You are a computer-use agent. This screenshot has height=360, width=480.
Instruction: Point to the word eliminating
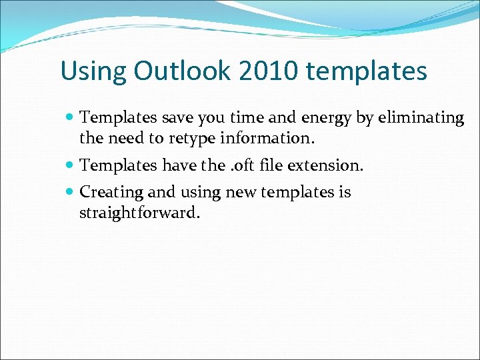pos(421,118)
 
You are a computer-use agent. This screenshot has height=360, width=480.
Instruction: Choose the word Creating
pos(111,193)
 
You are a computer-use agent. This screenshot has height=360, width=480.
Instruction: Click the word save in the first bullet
pos(169,118)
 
